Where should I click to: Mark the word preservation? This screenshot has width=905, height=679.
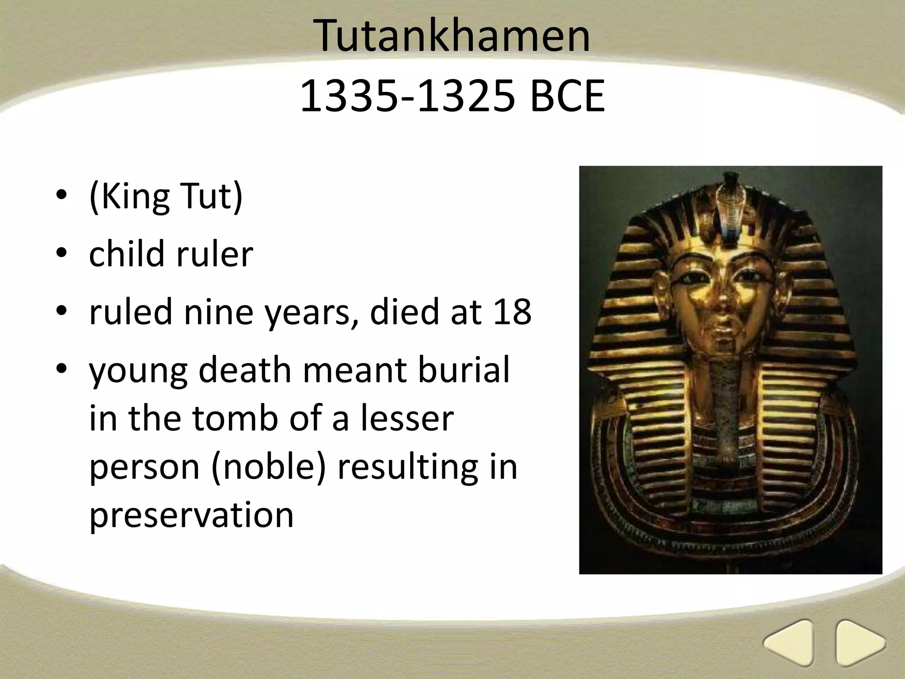pos(191,515)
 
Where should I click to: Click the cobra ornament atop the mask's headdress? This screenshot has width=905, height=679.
pos(730,199)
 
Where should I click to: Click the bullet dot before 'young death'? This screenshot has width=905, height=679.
pos(61,370)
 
